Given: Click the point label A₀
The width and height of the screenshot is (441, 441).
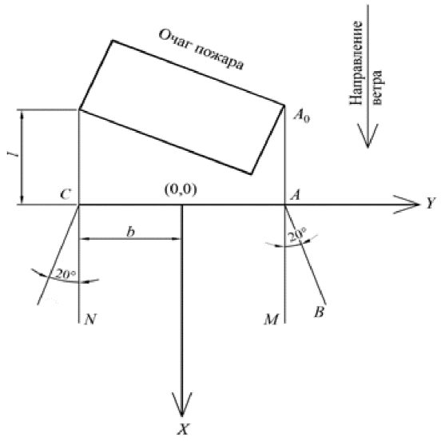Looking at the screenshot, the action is point(302,116).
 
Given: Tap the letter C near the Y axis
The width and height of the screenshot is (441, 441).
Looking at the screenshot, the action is point(66,194).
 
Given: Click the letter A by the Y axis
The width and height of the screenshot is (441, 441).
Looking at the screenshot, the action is point(296,194).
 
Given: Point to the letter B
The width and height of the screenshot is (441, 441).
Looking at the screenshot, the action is point(320,312).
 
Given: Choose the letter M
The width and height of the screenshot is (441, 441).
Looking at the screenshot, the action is point(271,320).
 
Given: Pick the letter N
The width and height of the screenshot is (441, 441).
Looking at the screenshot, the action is point(90,320).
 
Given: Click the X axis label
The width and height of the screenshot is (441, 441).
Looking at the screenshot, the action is point(183,430).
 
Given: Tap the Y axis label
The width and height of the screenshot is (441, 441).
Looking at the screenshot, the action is point(431,203).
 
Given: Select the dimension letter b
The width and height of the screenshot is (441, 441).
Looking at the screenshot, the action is point(130,232).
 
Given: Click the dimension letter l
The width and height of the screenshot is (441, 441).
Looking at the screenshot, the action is point(14,154).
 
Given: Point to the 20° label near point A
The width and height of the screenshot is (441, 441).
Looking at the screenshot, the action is point(297,236).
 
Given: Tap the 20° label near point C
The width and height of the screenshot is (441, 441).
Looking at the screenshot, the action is point(66,273).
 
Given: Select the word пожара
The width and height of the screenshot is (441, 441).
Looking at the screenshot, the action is point(219,58).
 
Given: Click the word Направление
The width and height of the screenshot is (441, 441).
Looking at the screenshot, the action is point(356,63).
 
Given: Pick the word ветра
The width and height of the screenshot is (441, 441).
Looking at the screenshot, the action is point(377,87).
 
